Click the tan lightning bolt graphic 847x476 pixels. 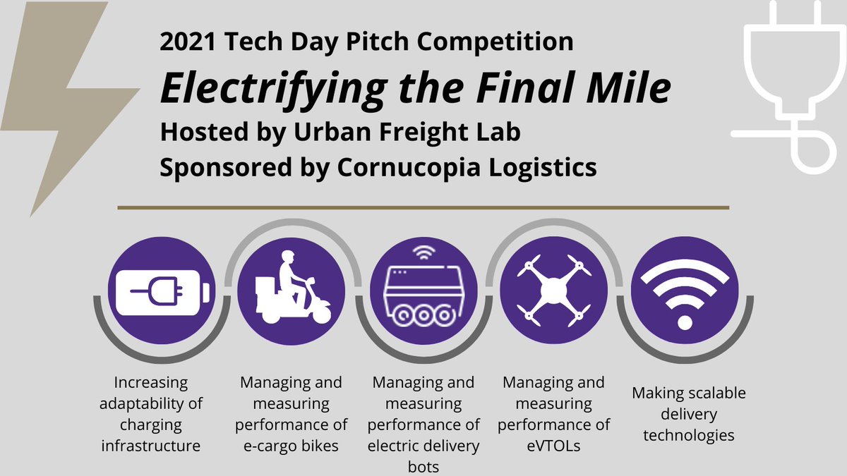[x=67, y=106]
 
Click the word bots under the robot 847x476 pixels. [x=423, y=465]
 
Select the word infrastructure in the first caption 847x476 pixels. [x=150, y=445]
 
